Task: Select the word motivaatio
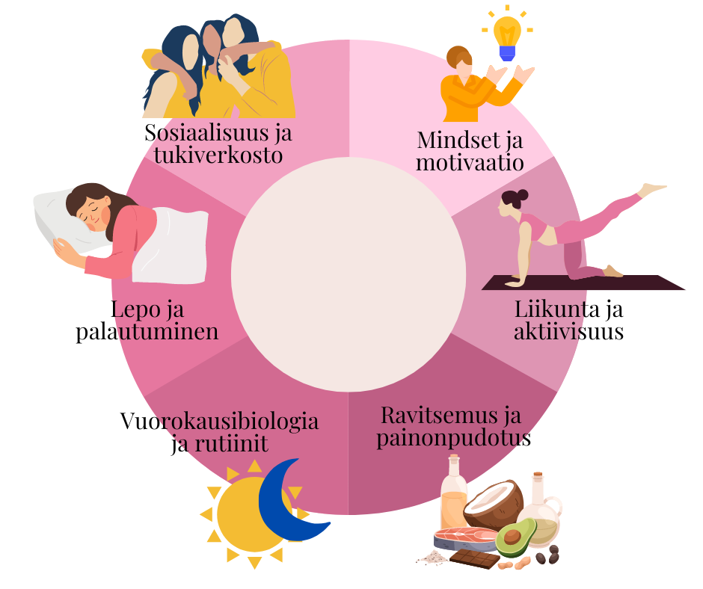tap(470, 162)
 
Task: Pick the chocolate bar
tap(474, 559)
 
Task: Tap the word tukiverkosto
tap(217, 156)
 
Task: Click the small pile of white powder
tap(432, 557)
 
